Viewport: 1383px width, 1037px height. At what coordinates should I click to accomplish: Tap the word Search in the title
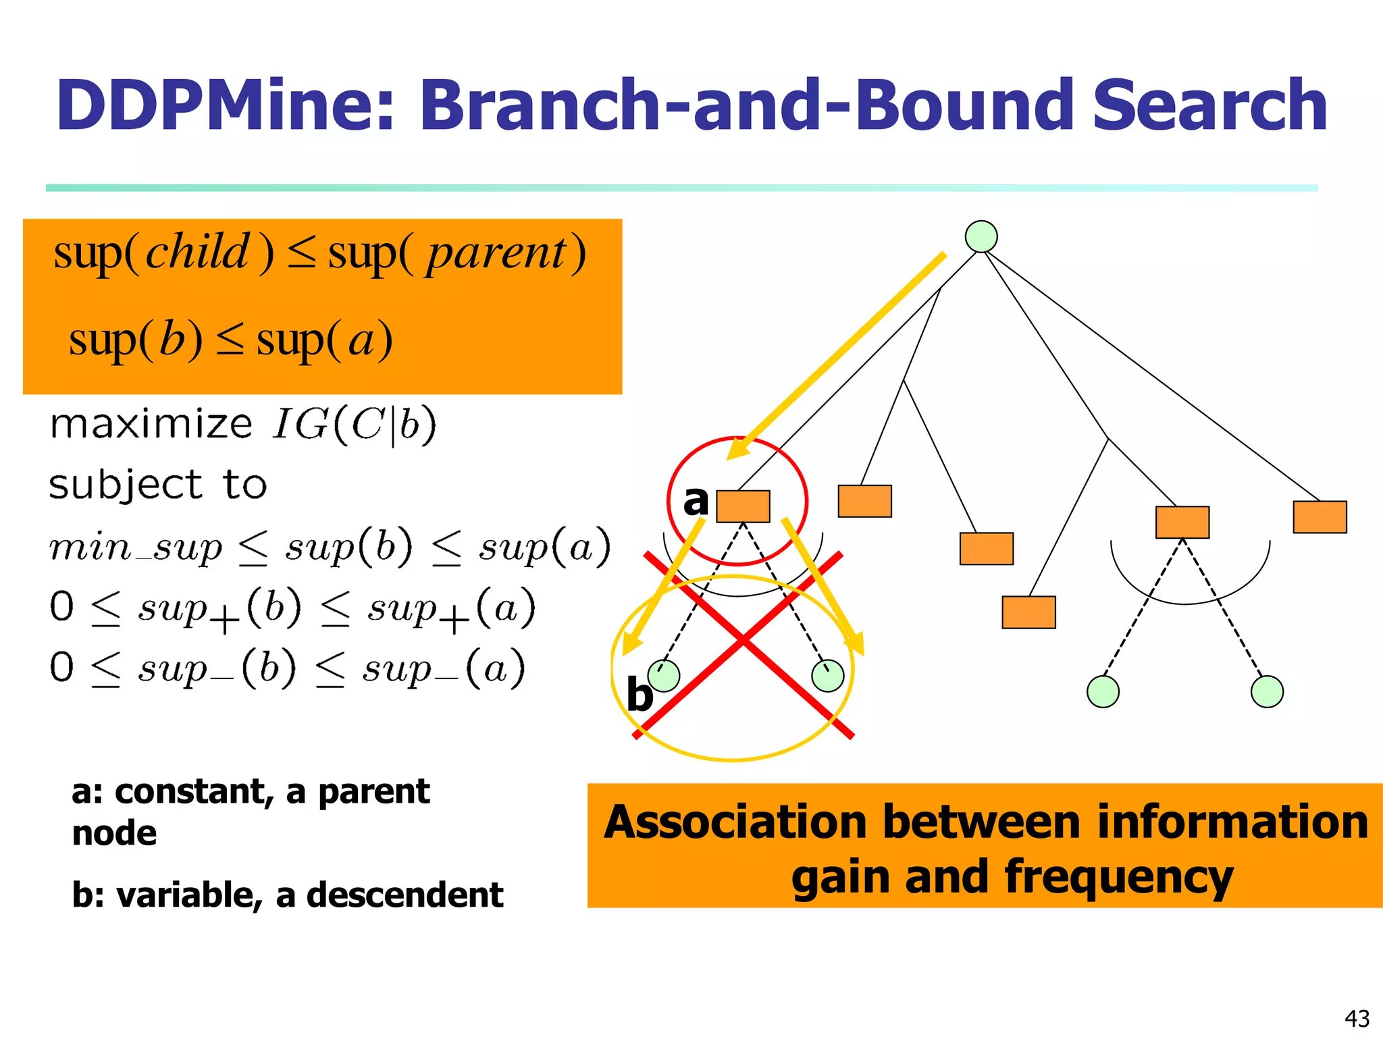(1209, 106)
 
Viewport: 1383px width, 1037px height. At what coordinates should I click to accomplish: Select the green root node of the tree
(981, 236)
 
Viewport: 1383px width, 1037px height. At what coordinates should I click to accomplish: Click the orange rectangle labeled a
(743, 506)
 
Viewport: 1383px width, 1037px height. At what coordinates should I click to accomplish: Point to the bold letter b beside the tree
(640, 695)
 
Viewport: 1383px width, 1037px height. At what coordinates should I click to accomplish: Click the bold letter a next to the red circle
(696, 501)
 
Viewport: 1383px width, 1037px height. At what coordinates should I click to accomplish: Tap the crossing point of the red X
(743, 640)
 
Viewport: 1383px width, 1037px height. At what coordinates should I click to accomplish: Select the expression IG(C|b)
(355, 426)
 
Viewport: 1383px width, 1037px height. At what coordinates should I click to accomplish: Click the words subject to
(158, 485)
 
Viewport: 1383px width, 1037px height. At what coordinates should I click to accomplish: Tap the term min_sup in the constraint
(135, 547)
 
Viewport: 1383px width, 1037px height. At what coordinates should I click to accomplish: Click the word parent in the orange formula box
(496, 254)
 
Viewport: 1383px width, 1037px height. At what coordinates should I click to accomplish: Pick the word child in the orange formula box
(198, 252)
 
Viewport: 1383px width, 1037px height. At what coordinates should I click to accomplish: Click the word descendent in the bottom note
(405, 895)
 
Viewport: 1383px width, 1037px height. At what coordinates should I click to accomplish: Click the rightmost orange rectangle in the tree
(1320, 517)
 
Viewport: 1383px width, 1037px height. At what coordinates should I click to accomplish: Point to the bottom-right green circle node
(1267, 691)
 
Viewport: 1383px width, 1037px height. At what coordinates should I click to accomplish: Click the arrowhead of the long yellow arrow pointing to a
(738, 450)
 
